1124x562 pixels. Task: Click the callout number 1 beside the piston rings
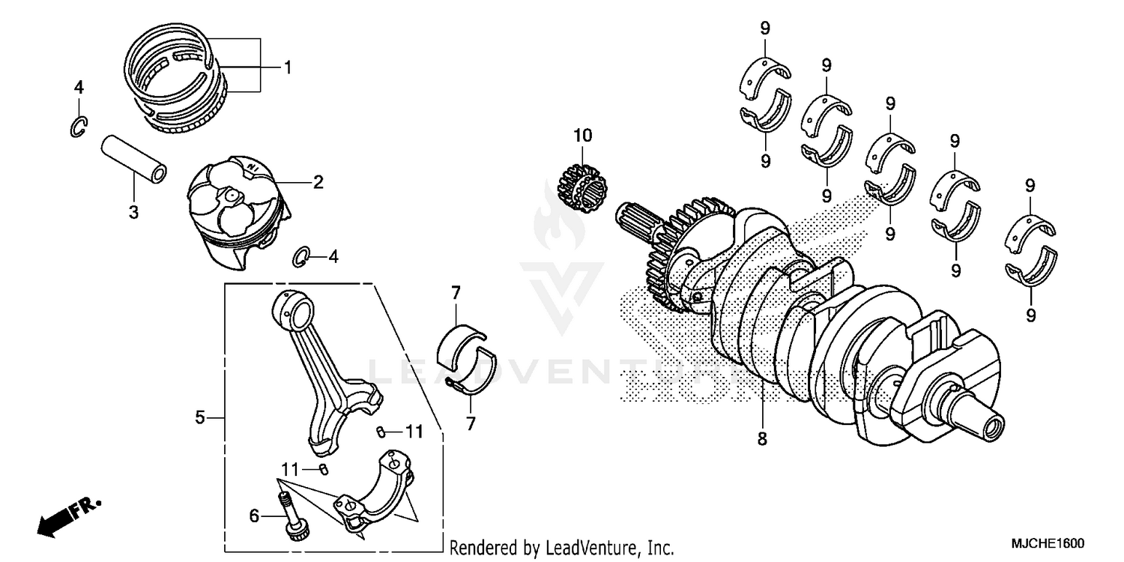[x=286, y=67]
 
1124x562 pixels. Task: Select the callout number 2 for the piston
[x=318, y=182]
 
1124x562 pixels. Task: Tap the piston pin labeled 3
[x=136, y=159]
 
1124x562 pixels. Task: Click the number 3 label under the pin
[x=133, y=212]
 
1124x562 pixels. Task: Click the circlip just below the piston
[x=301, y=256]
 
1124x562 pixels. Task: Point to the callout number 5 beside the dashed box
[x=200, y=417]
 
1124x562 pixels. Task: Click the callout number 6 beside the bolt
[x=254, y=516]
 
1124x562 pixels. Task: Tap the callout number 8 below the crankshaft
[x=762, y=440]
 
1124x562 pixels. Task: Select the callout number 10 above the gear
[x=582, y=136]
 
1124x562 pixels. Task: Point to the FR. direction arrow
[x=64, y=516]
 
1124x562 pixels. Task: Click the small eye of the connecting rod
[x=291, y=307]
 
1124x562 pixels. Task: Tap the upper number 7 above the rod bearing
[x=455, y=293]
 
